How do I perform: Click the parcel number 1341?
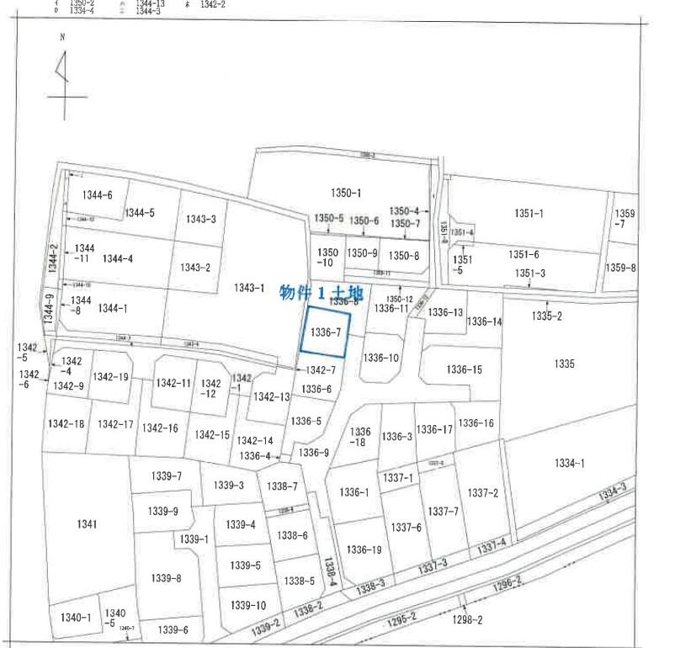pos(86,523)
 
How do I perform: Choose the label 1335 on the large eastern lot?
pos(564,364)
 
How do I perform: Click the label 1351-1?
pos(529,214)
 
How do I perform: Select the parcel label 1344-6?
pos(97,195)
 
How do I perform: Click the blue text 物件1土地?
pos(321,293)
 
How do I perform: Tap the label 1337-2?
pos(483,492)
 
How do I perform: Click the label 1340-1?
pos(76,618)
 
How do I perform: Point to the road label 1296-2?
pos(507,581)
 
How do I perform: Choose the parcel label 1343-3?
pos(201,220)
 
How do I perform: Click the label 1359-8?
pos(620,268)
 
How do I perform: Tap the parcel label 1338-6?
pos(293,535)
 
